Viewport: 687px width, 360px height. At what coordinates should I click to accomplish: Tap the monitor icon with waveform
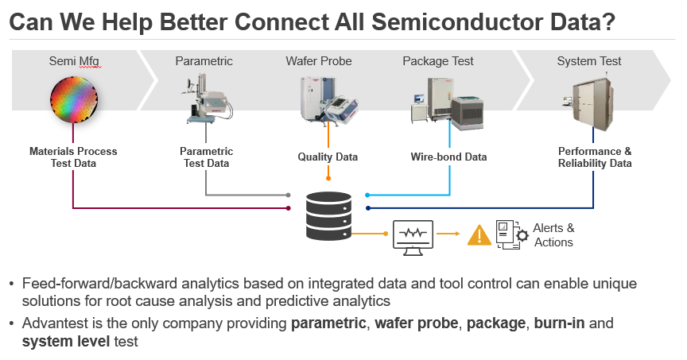pos(413,236)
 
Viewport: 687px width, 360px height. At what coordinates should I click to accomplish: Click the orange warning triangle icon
pos(479,235)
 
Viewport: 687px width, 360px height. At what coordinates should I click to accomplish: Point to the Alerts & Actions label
pos(553,235)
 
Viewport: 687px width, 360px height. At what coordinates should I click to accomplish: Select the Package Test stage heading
pos(438,61)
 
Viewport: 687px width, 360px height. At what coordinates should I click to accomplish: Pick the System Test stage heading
pos(589,61)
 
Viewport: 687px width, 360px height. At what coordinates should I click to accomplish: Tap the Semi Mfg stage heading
pos(73,61)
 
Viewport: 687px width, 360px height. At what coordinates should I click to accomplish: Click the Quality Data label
pos(328,157)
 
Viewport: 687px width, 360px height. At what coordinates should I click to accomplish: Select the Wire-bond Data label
pos(448,157)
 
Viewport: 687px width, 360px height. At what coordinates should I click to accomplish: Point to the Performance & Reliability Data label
pos(595,157)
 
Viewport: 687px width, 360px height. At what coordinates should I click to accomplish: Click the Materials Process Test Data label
pos(73,157)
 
